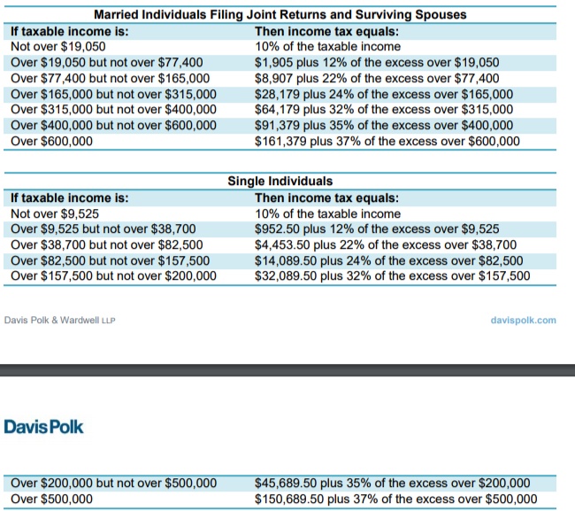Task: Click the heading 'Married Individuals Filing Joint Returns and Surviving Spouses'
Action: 280,15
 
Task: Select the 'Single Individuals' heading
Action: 280,181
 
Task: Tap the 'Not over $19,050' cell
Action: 57,47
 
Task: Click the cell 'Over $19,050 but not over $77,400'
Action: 107,62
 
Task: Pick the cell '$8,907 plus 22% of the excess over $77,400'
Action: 377,78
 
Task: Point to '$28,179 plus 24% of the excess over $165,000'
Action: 384,95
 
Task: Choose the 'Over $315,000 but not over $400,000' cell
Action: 114,110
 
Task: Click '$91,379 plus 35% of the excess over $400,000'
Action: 384,125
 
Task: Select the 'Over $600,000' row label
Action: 51,142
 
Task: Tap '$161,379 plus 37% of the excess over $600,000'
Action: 387,142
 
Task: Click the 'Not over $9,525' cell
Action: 55,213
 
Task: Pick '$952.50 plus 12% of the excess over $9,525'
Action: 377,229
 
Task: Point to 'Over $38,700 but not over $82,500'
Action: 107,244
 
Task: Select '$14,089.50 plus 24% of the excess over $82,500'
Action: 389,260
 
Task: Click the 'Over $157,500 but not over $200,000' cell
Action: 114,276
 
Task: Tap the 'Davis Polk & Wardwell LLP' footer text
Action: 60,321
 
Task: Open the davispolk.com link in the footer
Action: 524,320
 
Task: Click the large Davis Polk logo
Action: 43,427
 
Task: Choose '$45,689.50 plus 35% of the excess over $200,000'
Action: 393,483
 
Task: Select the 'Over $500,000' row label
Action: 51,499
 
